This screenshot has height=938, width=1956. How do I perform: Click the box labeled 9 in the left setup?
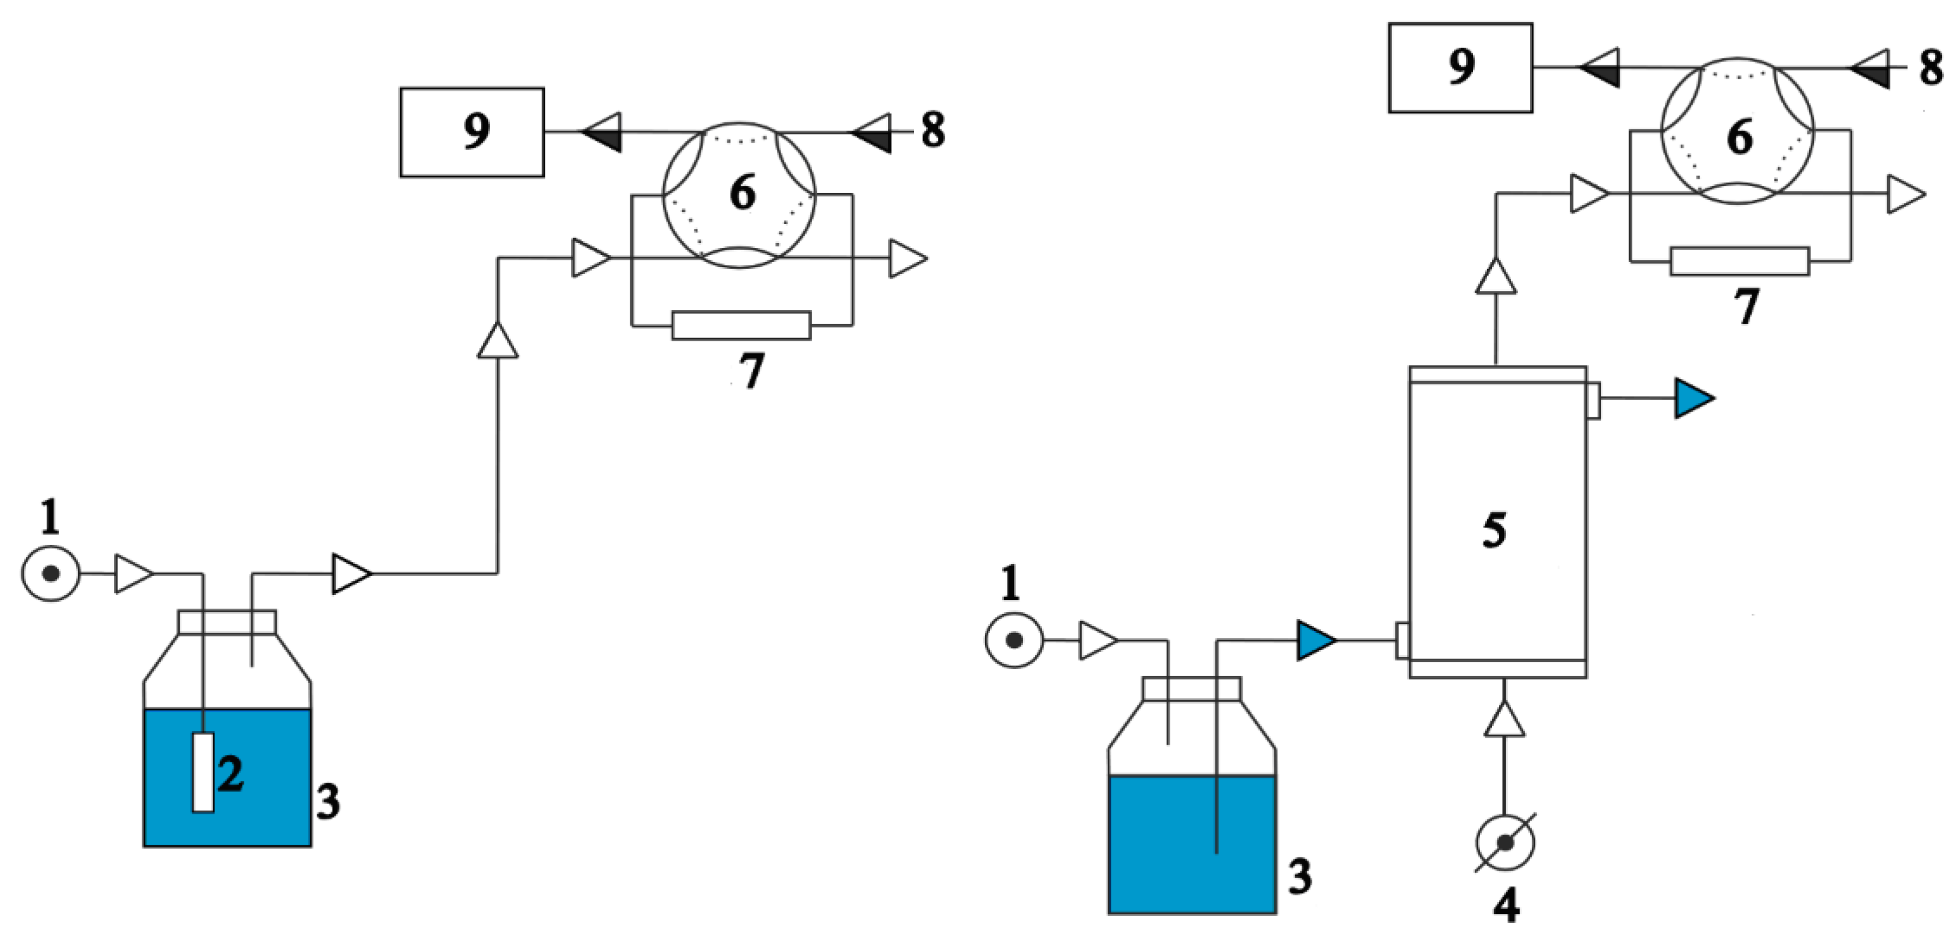tap(472, 132)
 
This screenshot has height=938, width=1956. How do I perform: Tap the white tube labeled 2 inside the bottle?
tap(202, 772)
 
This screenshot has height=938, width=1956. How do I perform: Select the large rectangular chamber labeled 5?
tap(1497, 524)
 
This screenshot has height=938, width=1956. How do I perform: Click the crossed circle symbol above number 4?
tap(1505, 842)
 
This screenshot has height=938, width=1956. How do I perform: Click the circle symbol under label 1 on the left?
tap(51, 574)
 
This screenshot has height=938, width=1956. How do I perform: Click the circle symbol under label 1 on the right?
tap(1014, 641)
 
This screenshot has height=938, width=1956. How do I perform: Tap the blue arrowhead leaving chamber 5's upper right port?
tap(1693, 398)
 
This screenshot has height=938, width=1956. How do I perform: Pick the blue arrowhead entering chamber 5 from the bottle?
tap(1315, 641)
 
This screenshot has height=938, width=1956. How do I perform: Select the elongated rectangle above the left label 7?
tap(741, 325)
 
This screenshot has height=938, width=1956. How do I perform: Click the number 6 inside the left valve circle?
tap(743, 192)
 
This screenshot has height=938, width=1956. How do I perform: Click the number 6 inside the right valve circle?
tap(1740, 136)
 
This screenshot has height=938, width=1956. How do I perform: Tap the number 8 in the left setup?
tap(933, 130)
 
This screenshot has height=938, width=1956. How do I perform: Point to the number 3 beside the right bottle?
tap(1300, 875)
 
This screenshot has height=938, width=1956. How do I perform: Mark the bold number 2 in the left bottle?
tap(231, 773)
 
